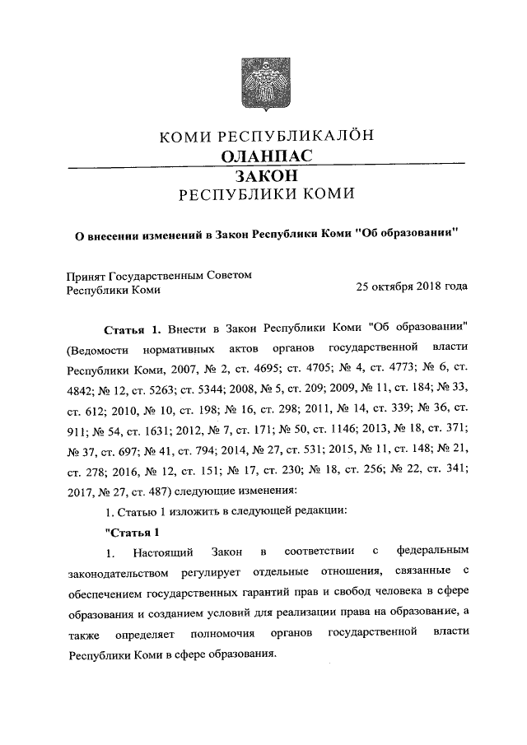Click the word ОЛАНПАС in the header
tap(264, 156)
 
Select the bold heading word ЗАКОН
tap(264, 176)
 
